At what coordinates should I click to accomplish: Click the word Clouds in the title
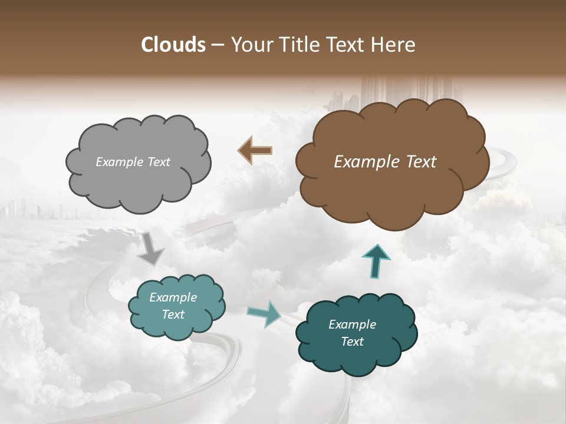click(174, 45)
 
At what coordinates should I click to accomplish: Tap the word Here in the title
click(396, 45)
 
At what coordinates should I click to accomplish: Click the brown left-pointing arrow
click(255, 150)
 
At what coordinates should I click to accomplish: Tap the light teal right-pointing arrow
click(264, 313)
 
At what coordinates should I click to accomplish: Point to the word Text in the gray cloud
click(158, 162)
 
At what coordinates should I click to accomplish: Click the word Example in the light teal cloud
click(173, 298)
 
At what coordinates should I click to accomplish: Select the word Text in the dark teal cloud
click(352, 342)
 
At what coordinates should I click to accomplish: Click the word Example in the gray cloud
click(119, 162)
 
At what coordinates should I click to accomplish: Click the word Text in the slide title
click(349, 45)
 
